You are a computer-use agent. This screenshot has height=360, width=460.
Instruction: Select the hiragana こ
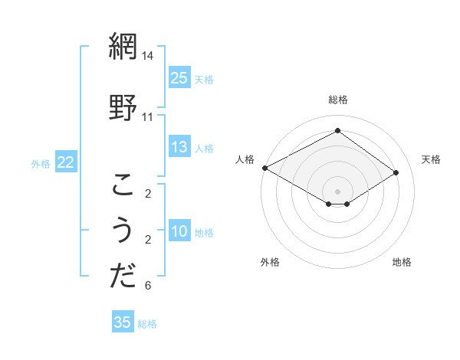click(123, 185)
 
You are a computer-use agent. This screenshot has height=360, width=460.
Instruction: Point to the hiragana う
click(123, 231)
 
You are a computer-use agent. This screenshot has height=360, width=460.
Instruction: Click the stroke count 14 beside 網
click(148, 56)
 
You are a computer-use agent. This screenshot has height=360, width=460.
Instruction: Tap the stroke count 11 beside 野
click(148, 116)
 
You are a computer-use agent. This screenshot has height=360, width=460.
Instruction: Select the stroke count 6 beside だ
click(148, 286)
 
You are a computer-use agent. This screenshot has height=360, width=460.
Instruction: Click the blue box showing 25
click(179, 78)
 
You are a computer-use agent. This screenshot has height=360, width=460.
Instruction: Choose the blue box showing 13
click(179, 147)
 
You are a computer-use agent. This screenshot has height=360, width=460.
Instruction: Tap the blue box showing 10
click(179, 231)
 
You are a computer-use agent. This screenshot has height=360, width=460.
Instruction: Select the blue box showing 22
click(66, 162)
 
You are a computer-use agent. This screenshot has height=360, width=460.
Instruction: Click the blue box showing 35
click(123, 322)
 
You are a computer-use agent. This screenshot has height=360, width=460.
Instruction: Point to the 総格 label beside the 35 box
click(147, 324)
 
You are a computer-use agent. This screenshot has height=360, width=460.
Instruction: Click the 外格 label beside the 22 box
click(41, 163)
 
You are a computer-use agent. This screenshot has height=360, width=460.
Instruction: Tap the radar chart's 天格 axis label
click(432, 159)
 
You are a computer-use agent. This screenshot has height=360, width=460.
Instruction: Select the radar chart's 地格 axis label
click(402, 262)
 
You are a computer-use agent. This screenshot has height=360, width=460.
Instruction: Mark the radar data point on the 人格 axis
click(264, 168)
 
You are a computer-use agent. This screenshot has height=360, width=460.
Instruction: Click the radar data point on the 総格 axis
click(337, 130)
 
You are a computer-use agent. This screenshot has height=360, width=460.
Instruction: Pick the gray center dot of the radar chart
click(337, 190)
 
